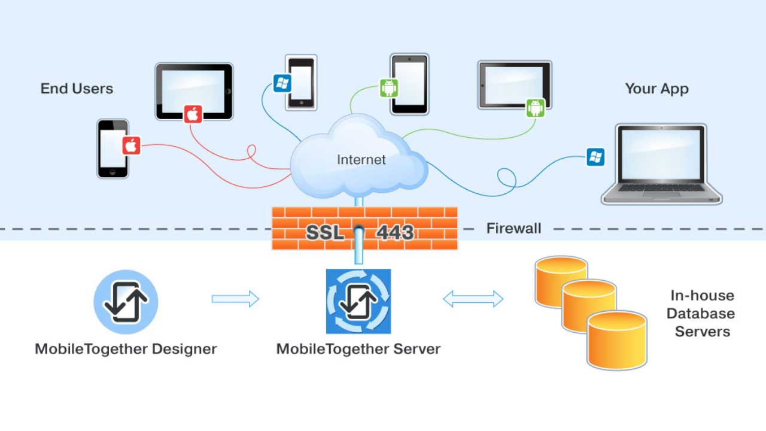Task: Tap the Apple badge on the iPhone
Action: point(131,145)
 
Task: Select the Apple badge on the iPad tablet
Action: point(193,113)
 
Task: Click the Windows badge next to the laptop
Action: point(595,157)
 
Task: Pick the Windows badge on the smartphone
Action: point(281,83)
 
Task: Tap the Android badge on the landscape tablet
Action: point(536,108)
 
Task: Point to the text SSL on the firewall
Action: point(325,232)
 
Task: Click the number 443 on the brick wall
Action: point(395,232)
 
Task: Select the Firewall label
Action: point(513,228)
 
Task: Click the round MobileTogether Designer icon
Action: point(126,302)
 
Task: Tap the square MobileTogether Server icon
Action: point(358,301)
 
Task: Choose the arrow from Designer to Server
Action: point(235,299)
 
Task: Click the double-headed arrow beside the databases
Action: point(473,299)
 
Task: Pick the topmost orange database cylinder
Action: point(560,277)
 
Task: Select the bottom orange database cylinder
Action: point(616,340)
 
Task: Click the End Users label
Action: point(77,89)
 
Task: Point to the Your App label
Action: point(656,89)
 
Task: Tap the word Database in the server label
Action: point(701,313)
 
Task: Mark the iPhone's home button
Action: point(113,173)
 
